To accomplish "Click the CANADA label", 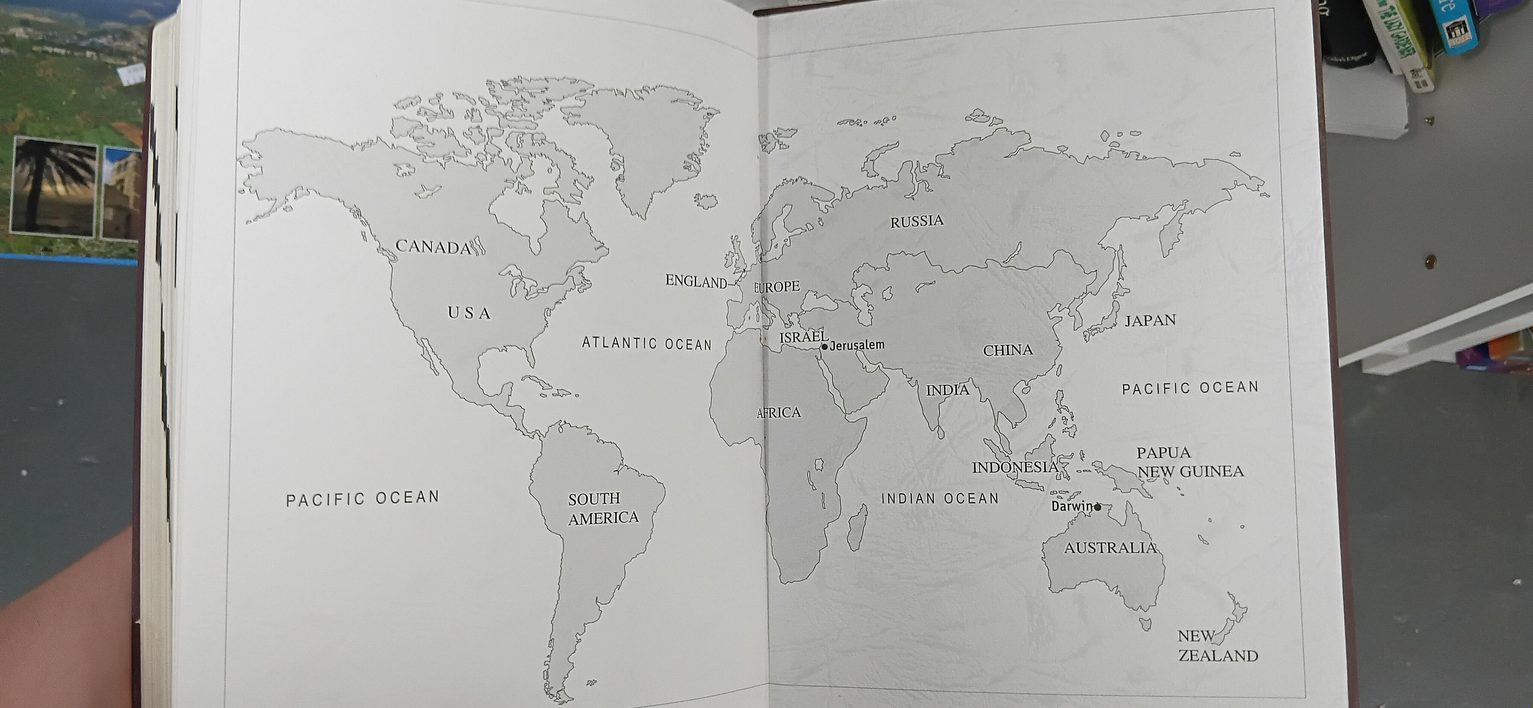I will coord(433,246).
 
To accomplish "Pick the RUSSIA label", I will coord(916,221).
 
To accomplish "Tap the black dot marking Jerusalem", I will coord(824,346).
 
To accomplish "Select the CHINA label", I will coord(1007,351).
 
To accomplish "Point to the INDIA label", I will coord(947,390).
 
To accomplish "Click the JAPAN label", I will coord(1150,321).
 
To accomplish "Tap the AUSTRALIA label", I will coord(1110,548).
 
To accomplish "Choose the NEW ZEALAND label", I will coord(1217,646).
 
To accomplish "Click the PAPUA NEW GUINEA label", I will coord(1189,462).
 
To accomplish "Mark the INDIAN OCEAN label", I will coord(940,499).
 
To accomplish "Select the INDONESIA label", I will coord(1014,467).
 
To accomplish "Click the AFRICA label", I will coord(779,412).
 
